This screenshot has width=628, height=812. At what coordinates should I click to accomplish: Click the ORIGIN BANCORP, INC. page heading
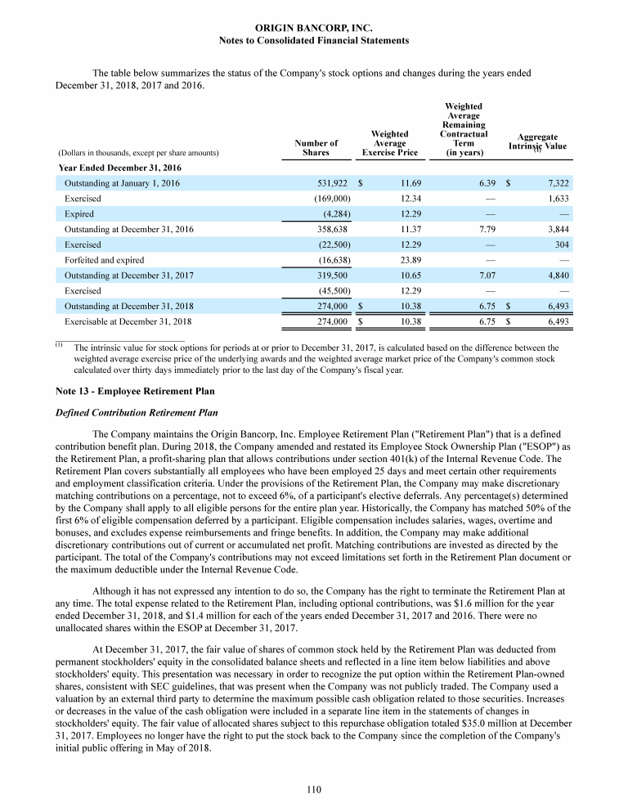(x=314, y=28)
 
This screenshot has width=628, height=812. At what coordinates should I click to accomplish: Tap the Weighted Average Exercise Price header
(x=389, y=142)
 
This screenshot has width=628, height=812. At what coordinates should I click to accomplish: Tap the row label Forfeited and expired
(x=105, y=260)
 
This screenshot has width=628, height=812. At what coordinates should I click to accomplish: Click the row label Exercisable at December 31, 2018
(x=128, y=321)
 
